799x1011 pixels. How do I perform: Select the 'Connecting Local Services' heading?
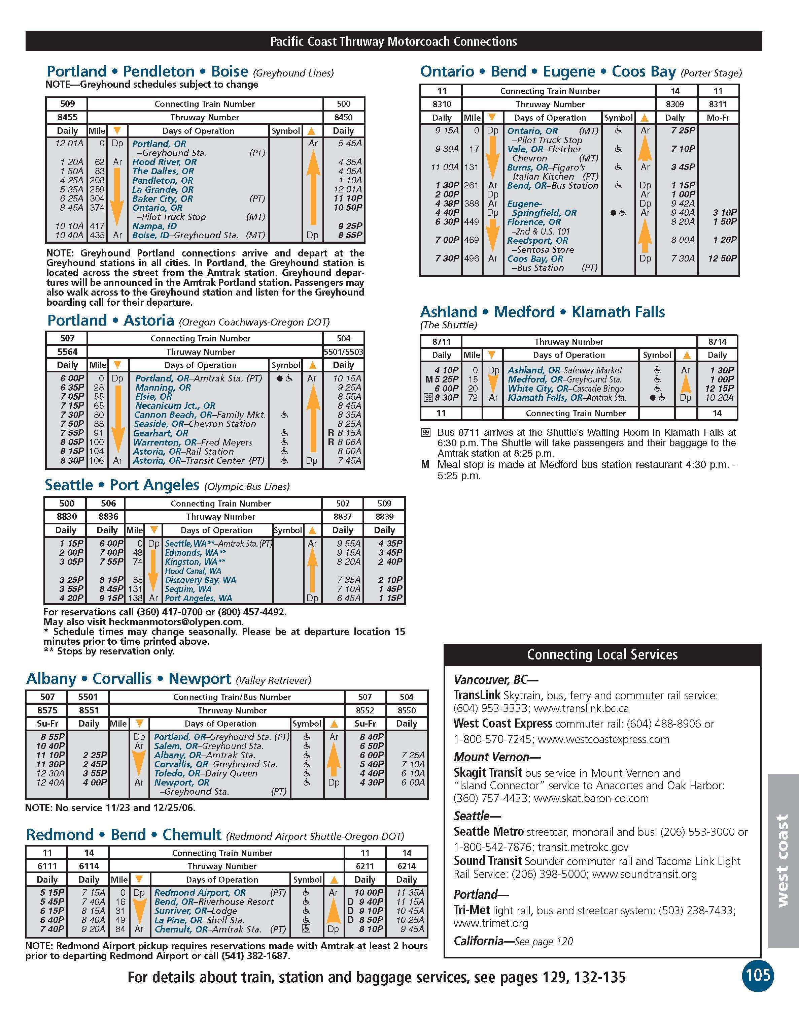point(602,655)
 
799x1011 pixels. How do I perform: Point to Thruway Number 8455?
point(66,117)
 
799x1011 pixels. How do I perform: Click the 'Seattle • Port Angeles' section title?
point(121,485)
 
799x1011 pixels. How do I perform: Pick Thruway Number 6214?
point(407,866)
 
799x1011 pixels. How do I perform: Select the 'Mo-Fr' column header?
point(718,118)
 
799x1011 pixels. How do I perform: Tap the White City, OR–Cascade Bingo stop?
point(565,388)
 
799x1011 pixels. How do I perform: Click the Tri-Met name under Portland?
point(472,910)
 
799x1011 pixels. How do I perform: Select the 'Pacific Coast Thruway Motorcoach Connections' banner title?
point(393,42)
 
